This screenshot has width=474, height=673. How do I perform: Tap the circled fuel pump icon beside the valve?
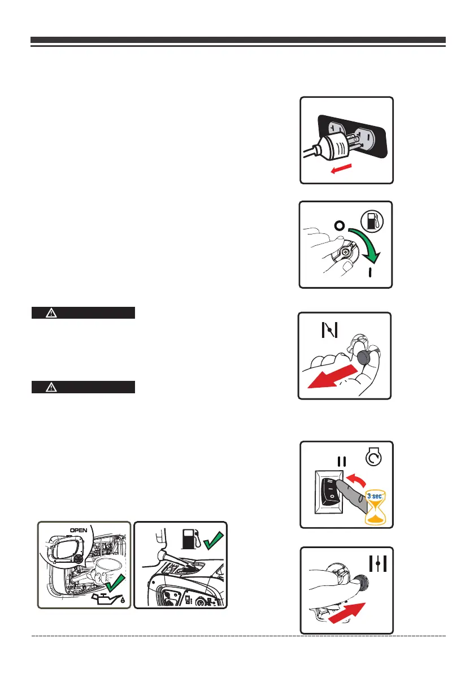[x=373, y=221]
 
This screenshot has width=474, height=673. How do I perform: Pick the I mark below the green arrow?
[x=371, y=273]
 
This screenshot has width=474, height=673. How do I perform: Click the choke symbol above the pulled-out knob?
[x=328, y=329]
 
